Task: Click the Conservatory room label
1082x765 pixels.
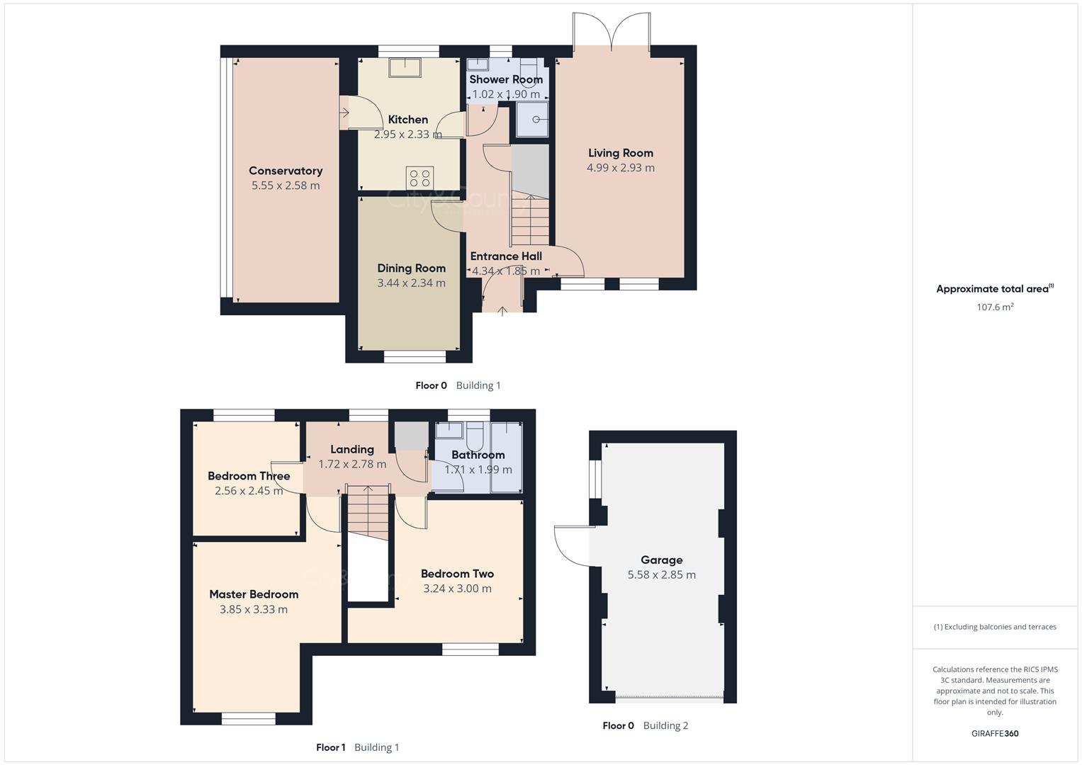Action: pos(286,171)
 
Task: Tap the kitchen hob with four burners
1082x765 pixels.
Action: pos(419,177)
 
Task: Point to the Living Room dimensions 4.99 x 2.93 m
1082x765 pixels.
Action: pos(620,168)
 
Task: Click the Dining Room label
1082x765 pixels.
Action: pos(411,268)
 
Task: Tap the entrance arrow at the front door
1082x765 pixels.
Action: pos(502,310)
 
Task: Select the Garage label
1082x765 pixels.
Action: pos(661,560)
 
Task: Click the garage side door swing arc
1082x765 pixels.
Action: pos(573,546)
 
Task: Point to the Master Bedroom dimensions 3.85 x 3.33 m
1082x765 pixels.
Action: pos(254,609)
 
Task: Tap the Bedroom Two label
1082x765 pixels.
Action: pos(457,574)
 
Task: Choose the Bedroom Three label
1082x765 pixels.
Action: pos(249,476)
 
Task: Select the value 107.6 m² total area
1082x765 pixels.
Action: pos(995,307)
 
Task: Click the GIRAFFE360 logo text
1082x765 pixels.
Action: pos(994,733)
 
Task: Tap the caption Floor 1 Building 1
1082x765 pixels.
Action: pos(358,747)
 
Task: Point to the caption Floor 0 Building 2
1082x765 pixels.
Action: pos(645,725)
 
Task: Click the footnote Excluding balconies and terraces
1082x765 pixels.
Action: pos(995,627)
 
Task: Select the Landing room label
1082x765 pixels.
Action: pos(352,449)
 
